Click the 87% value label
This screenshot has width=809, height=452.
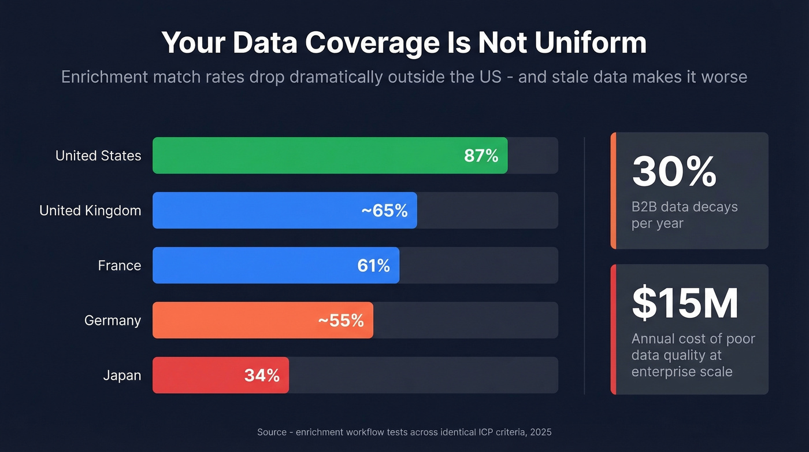click(481, 155)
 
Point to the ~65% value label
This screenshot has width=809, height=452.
click(384, 211)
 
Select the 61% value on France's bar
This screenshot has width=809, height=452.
click(373, 266)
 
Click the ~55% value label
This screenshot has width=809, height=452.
click(341, 320)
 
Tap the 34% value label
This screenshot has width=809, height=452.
click(262, 375)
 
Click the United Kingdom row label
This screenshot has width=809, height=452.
click(90, 211)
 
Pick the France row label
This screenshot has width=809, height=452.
click(120, 266)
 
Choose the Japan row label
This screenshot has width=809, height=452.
click(122, 375)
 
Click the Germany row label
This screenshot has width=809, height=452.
click(113, 320)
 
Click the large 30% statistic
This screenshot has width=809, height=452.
click(674, 171)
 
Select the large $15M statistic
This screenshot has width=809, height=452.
click(685, 303)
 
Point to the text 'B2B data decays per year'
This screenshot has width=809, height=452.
click(684, 215)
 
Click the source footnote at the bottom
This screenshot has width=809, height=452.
click(404, 432)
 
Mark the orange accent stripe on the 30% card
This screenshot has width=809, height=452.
click(613, 190)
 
